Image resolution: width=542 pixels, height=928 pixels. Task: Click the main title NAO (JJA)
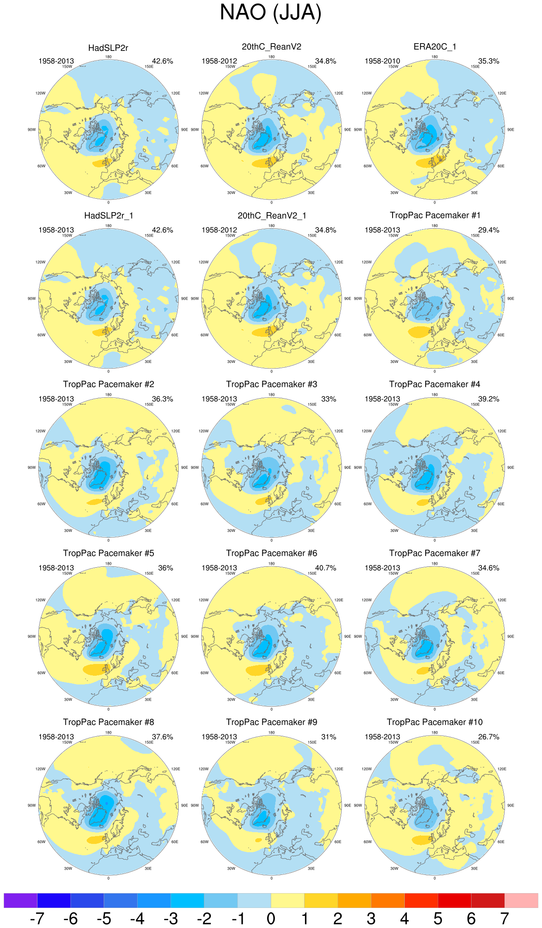(x=271, y=13)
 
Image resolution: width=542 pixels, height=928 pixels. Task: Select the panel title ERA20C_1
(x=434, y=47)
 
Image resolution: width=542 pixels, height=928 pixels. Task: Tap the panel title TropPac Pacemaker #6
(x=271, y=553)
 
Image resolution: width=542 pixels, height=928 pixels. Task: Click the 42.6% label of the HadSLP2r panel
(x=162, y=61)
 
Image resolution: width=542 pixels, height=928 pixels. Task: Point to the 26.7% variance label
(x=488, y=737)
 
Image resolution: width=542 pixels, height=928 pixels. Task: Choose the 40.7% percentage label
(x=325, y=568)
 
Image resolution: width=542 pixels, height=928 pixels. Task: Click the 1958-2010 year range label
(x=382, y=61)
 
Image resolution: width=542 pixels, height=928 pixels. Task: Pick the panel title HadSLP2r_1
(x=108, y=216)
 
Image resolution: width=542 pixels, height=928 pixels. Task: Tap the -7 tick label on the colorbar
(x=37, y=918)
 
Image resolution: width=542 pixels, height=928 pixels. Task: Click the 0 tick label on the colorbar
(x=271, y=918)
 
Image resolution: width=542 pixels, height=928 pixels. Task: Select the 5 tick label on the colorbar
(x=438, y=918)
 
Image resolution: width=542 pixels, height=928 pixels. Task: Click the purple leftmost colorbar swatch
(x=20, y=900)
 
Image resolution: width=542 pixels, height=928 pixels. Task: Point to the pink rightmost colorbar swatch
(x=521, y=900)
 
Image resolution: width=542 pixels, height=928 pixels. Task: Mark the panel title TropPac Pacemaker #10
(x=434, y=722)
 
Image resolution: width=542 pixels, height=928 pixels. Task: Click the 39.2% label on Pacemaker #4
(x=488, y=399)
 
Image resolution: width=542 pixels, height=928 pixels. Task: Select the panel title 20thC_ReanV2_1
(x=271, y=216)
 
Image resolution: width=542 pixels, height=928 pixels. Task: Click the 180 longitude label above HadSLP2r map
(x=108, y=57)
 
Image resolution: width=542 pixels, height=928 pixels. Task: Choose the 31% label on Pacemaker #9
(x=329, y=737)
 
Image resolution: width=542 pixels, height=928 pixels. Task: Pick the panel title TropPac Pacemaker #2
(x=108, y=384)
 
